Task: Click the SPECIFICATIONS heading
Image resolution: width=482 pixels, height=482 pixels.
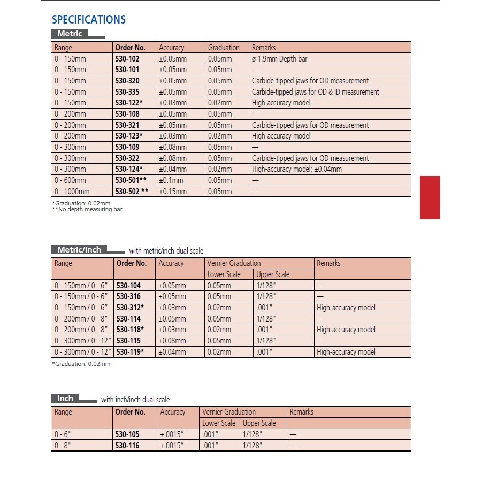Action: pyautogui.click(x=89, y=20)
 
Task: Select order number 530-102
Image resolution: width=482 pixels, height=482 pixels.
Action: pyautogui.click(x=127, y=59)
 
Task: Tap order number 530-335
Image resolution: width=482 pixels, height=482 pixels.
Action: pyautogui.click(x=127, y=92)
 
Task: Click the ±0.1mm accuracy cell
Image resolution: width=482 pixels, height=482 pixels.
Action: pyautogui.click(x=171, y=180)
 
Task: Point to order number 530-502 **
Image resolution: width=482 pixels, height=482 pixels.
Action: pyautogui.click(x=132, y=192)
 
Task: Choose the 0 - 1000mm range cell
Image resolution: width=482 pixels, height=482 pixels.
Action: pyautogui.click(x=72, y=192)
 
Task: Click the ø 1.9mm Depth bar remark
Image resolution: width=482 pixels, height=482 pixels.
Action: pyautogui.click(x=279, y=59)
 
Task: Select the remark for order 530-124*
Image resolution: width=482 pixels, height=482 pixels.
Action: pyautogui.click(x=296, y=169)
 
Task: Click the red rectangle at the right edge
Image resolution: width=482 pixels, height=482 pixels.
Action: pyautogui.click(x=430, y=197)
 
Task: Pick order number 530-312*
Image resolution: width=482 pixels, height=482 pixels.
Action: pyautogui.click(x=131, y=308)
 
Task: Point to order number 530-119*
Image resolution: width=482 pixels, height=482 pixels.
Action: pyautogui.click(x=131, y=352)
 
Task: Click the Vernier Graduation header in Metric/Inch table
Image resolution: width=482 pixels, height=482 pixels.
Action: pyautogui.click(x=234, y=263)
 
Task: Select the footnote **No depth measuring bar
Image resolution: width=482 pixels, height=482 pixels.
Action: pyautogui.click(x=87, y=209)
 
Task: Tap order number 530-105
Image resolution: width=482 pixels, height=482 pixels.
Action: pyautogui.click(x=127, y=434)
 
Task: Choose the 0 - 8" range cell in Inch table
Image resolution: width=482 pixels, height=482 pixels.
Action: pyautogui.click(x=62, y=446)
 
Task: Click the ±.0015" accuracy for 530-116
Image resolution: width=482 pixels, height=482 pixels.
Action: pyautogui.click(x=173, y=446)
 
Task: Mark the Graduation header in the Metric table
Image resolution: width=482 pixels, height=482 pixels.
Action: pyautogui.click(x=224, y=48)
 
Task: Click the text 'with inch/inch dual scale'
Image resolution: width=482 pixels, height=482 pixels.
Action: pyautogui.click(x=135, y=400)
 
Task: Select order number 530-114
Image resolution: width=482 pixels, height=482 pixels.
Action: pyautogui.click(x=128, y=319)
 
